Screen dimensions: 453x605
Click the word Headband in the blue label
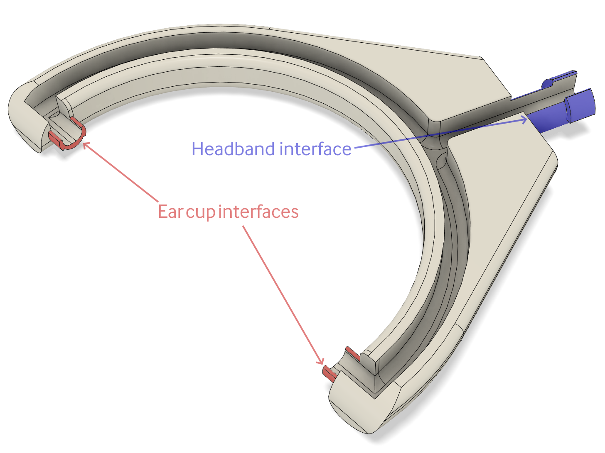233,149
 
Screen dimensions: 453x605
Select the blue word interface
315,149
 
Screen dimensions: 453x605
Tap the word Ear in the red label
170,212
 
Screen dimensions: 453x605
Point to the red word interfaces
258,212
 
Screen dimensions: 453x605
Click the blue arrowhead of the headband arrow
524,119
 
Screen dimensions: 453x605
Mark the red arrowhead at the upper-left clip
86,145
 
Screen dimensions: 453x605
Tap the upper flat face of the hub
457,83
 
